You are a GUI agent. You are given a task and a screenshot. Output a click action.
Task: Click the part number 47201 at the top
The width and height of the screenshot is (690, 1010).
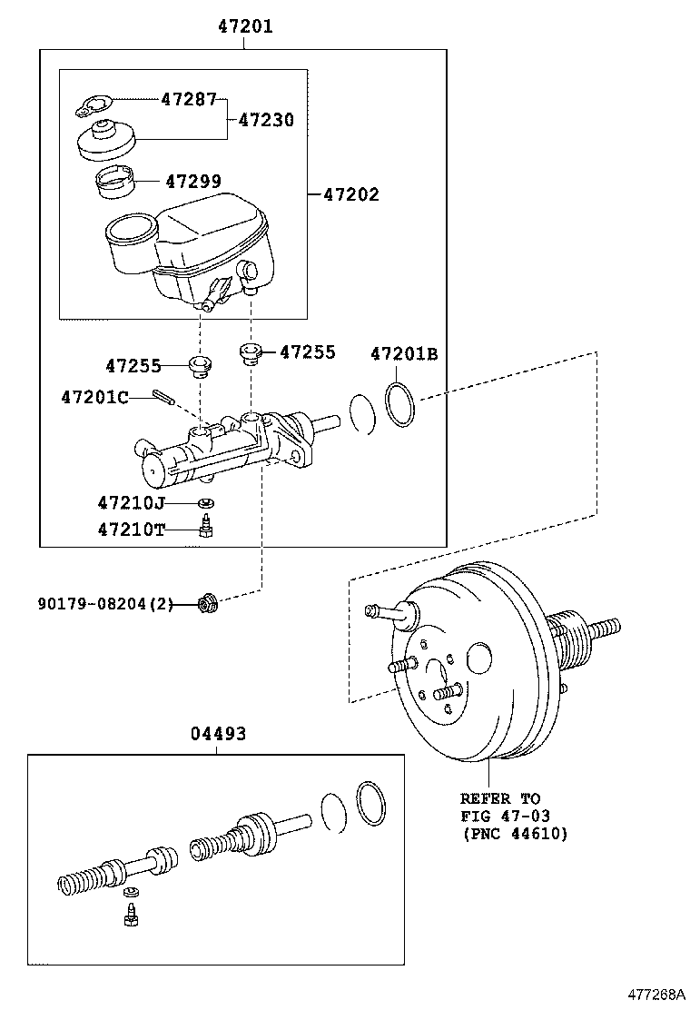(244, 27)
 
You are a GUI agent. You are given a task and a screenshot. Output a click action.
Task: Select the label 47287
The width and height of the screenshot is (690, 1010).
(189, 99)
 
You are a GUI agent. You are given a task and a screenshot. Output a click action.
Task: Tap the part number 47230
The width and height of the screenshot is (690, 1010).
(266, 119)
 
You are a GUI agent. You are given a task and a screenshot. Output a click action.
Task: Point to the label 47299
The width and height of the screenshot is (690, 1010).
(192, 182)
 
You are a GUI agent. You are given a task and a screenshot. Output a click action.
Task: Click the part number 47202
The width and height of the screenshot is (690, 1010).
(351, 194)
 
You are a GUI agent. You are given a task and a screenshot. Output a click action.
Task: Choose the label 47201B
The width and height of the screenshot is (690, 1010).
(403, 354)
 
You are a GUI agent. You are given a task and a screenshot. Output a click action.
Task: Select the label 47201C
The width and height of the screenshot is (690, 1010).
(94, 397)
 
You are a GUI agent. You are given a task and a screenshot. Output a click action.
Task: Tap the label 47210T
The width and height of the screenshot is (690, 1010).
(132, 530)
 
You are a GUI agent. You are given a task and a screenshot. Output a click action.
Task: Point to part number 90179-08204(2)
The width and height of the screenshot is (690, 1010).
(105, 602)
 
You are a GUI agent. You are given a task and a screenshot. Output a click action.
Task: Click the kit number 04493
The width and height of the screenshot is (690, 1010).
(218, 733)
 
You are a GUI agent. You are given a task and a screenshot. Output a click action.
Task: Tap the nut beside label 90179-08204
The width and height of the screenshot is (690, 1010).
(208, 601)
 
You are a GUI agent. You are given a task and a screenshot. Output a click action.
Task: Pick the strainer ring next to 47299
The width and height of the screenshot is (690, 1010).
(115, 183)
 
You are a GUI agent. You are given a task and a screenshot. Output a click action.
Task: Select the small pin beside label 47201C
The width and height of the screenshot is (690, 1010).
(163, 397)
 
